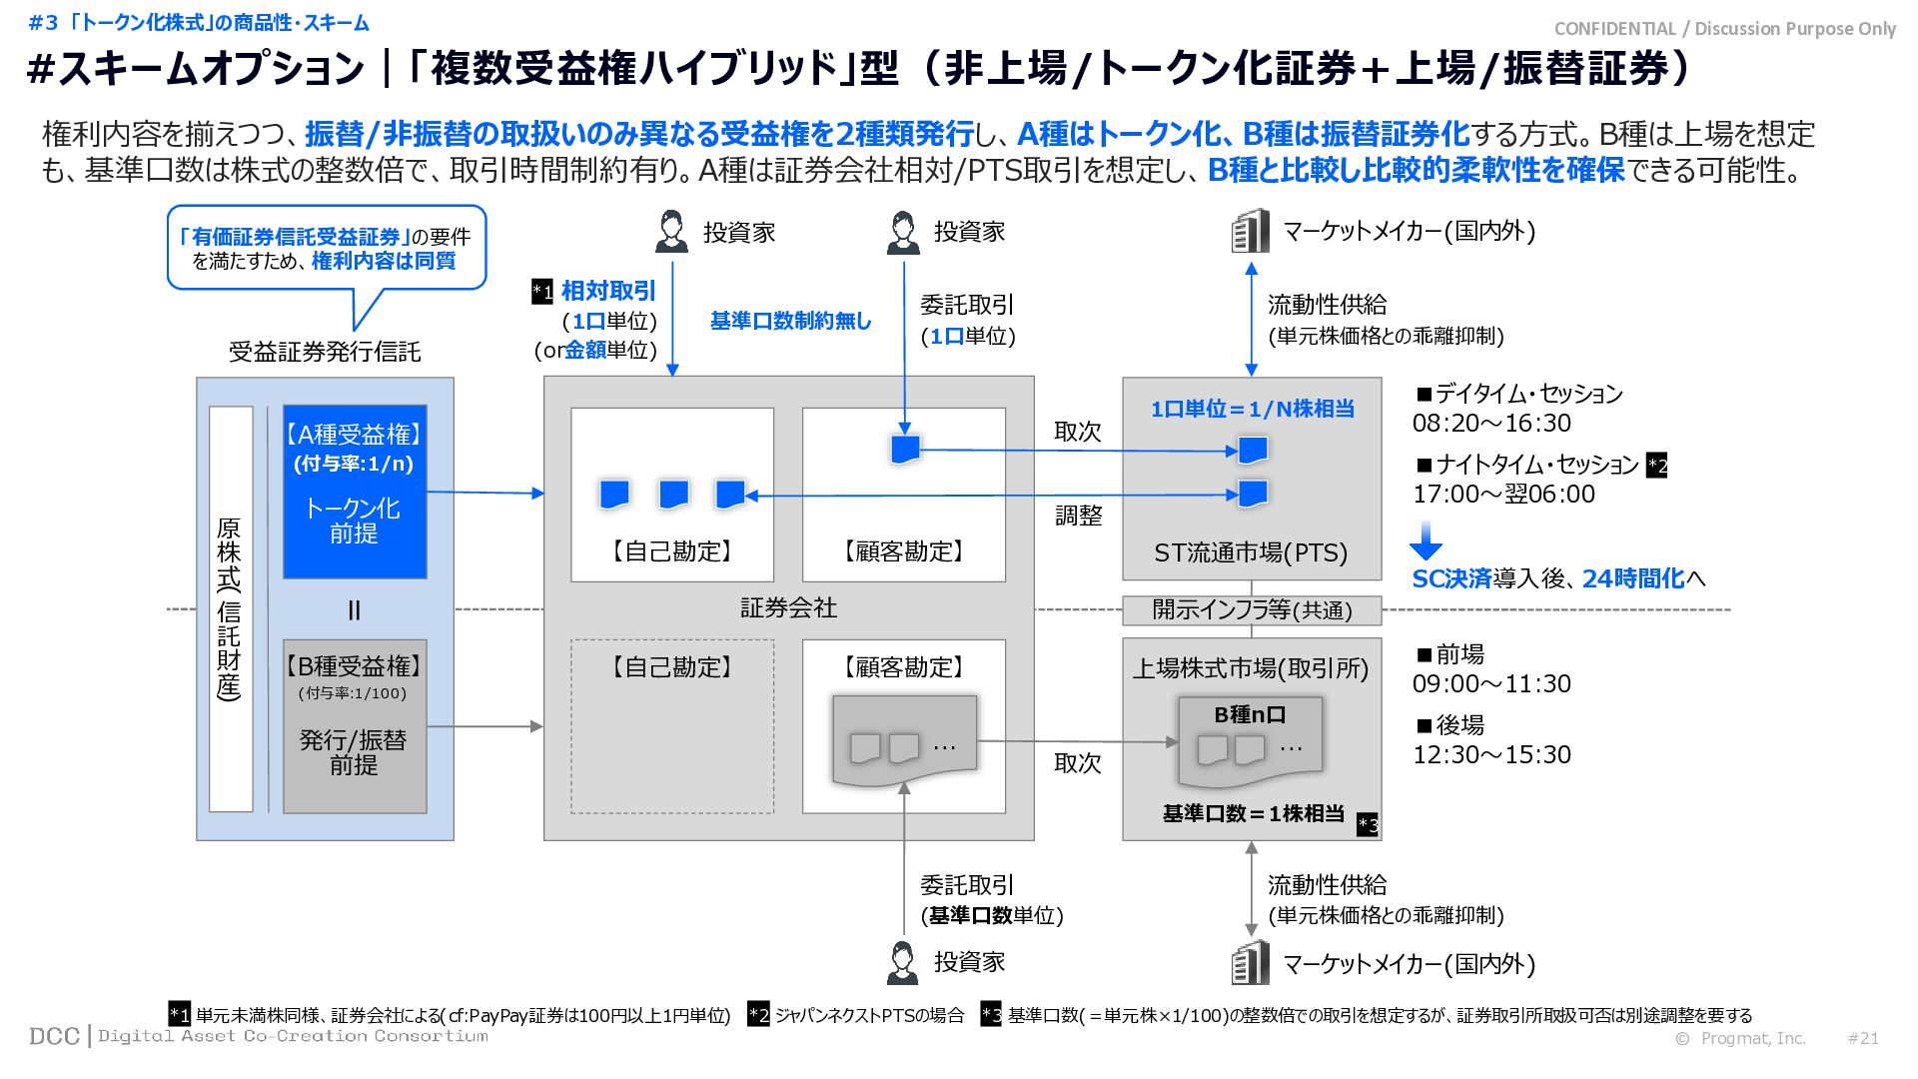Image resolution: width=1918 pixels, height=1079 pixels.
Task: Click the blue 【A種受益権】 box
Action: [355, 491]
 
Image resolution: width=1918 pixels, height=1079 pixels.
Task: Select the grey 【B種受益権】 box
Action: [355, 725]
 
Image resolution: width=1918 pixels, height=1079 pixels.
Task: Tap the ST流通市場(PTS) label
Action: [1251, 552]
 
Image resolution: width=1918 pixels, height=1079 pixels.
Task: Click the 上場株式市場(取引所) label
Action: [1251, 668]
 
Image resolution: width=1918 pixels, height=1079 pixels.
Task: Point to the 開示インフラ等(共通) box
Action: [1252, 609]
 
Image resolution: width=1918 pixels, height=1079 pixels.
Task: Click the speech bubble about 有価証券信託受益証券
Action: [326, 248]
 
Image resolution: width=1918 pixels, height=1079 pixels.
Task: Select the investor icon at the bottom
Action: [903, 962]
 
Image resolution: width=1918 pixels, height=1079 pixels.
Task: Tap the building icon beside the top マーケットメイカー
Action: [1250, 232]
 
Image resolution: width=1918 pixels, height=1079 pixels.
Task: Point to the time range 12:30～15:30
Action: [1491, 754]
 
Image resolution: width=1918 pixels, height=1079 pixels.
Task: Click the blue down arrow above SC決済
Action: [1426, 540]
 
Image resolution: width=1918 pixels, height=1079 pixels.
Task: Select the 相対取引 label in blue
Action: [608, 291]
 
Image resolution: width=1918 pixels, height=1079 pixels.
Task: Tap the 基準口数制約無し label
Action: [790, 321]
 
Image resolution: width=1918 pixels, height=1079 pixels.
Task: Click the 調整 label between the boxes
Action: [1079, 516]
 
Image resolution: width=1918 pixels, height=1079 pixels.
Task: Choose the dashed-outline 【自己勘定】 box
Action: [672, 726]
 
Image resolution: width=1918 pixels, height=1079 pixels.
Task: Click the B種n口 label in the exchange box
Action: [1250, 715]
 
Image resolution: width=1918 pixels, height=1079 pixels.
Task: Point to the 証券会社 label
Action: [788, 607]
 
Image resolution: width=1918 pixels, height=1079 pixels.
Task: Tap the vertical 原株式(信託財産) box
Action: [230, 608]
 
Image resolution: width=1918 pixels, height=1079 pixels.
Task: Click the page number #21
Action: [1863, 1038]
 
